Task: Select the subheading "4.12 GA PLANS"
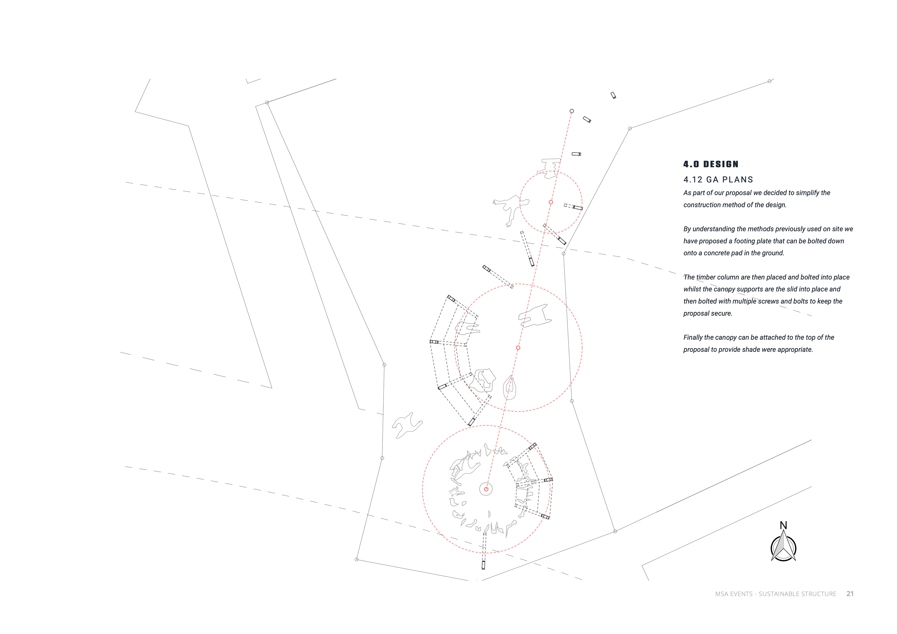click(718, 180)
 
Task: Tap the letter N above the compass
click(783, 525)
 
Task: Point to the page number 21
click(850, 594)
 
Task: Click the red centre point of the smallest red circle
click(551, 202)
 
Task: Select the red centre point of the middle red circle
click(518, 348)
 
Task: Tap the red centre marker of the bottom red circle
click(486, 489)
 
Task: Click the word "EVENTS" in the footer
click(741, 594)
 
